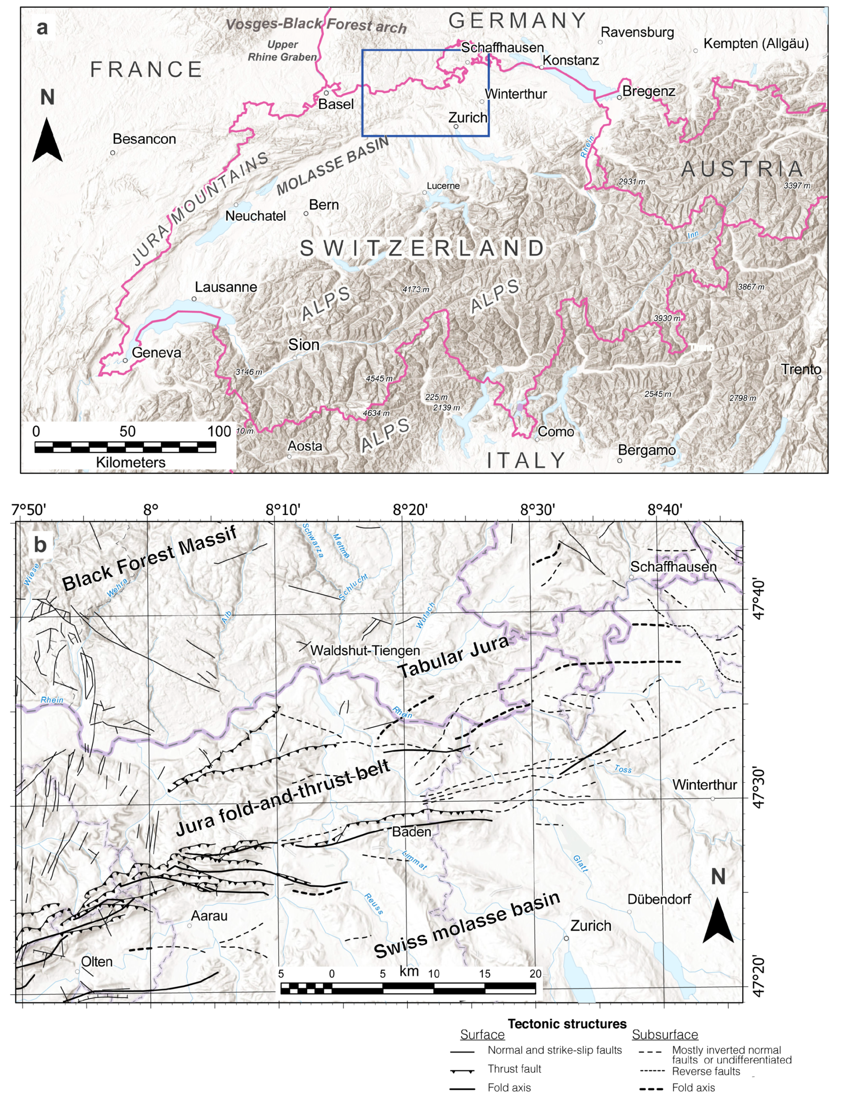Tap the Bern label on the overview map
point(324,205)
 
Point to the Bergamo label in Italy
point(646,450)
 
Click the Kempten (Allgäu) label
point(756,44)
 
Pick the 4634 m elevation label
point(376,413)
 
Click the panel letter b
point(40,544)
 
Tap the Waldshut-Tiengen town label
point(365,651)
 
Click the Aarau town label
point(209,916)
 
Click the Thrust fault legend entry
point(514,1069)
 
